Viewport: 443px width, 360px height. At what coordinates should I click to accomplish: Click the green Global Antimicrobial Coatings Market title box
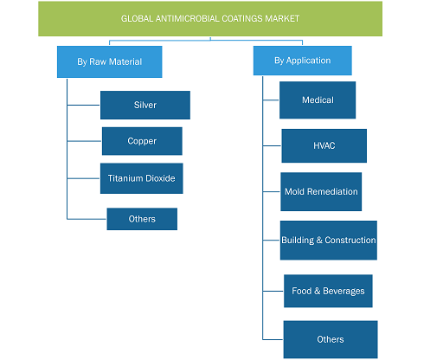tap(210, 19)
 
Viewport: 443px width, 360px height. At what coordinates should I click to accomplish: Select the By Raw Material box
tap(110, 61)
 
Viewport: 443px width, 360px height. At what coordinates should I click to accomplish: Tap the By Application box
tap(303, 61)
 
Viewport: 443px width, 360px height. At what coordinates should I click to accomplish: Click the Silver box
tap(145, 105)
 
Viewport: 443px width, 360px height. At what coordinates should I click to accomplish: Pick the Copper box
tap(142, 141)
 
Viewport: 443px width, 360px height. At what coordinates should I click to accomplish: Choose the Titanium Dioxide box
tap(142, 178)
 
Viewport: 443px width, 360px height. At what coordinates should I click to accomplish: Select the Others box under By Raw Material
tap(142, 219)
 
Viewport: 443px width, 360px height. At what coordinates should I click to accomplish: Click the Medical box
tap(318, 100)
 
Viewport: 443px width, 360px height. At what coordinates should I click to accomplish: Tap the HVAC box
tap(324, 145)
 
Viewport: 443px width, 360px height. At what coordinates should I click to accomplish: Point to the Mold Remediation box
tap(321, 191)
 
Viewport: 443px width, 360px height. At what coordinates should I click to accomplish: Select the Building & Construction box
tap(329, 241)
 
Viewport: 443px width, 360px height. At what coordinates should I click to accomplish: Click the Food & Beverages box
tap(328, 291)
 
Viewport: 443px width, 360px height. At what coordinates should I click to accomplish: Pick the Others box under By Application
tap(331, 339)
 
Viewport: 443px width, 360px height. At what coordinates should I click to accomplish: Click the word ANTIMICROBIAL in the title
tap(188, 19)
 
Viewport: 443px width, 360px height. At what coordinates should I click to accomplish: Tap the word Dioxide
tap(160, 178)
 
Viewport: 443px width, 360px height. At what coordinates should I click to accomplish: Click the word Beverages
tap(343, 291)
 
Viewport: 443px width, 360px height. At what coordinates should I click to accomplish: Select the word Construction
tap(350, 240)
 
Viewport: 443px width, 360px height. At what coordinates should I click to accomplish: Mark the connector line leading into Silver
tap(84, 105)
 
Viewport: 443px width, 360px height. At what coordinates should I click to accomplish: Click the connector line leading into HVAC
tap(273, 145)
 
